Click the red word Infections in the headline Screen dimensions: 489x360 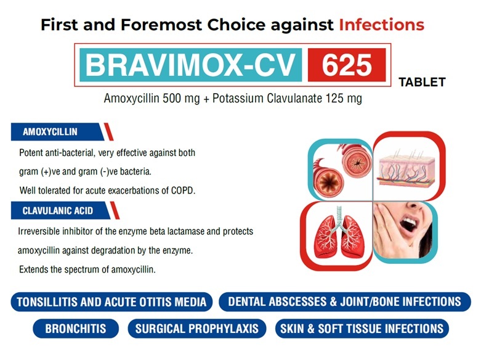381,25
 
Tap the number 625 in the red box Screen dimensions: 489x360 347,65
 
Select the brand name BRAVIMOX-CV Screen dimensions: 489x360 190,65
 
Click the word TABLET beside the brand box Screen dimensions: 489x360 422,82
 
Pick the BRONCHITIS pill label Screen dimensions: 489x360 76,329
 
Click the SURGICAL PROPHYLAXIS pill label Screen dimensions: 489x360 197,329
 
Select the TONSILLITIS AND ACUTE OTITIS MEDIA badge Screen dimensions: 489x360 111,302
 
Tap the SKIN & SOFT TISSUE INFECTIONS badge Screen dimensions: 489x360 362,329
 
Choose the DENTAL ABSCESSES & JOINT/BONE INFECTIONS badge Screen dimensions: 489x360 345,301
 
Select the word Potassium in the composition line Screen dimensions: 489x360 238,98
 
